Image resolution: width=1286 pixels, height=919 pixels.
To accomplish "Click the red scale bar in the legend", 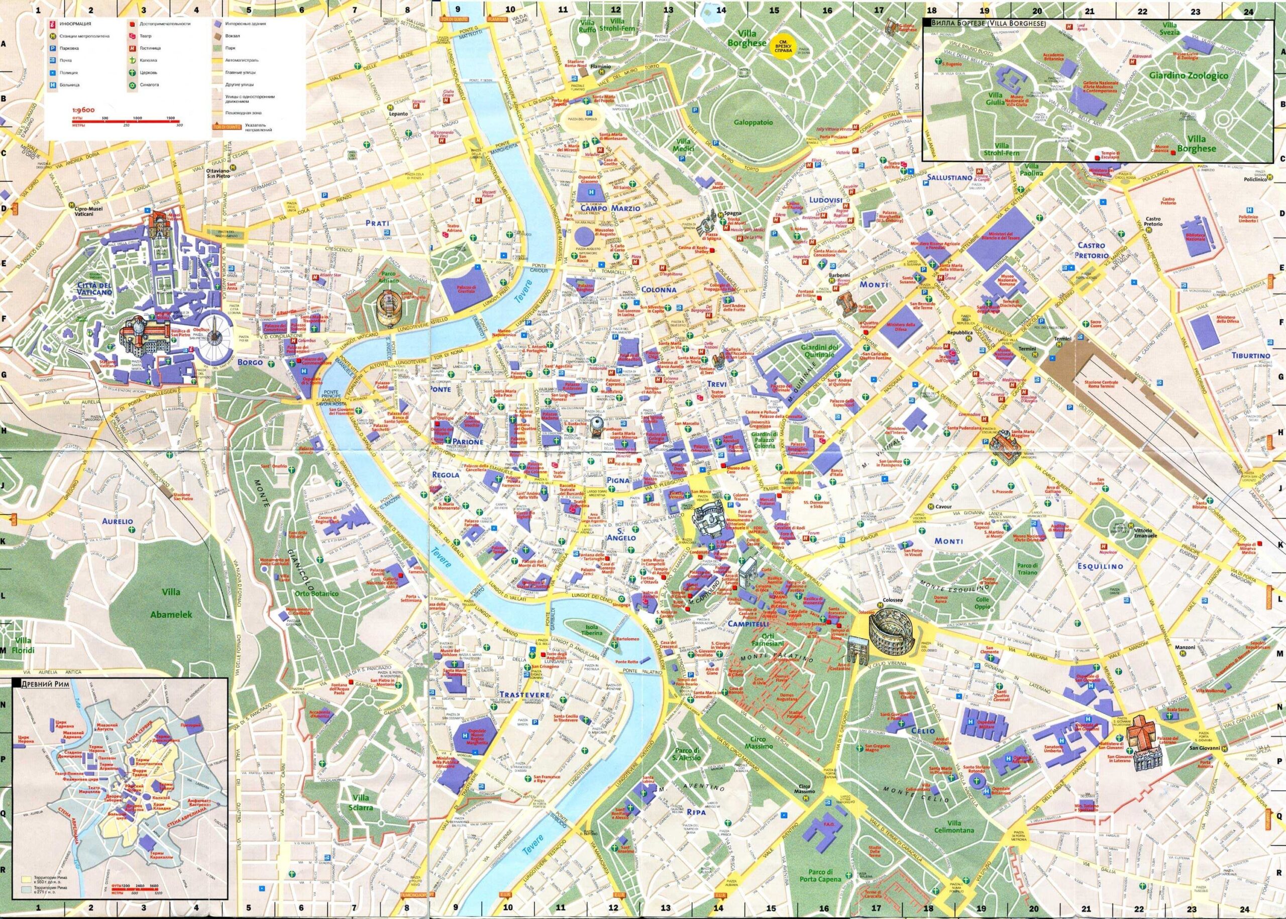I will tap(125, 122).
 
